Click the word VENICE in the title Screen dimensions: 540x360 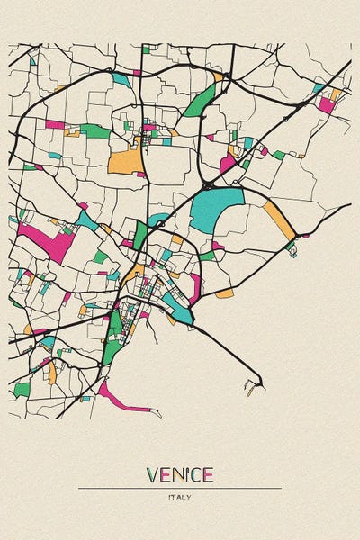pos(179,474)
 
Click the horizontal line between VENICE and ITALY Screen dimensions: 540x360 pos(179,488)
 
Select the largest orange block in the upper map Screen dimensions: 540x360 pos(126,161)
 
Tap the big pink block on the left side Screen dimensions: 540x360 pos(45,241)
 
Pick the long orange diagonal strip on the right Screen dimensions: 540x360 pos(279,220)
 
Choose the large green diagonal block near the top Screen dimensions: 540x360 pos(201,101)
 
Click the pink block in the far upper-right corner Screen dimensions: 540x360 pos(326,104)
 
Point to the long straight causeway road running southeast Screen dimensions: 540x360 pos(229,350)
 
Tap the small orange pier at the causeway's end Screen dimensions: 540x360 pos(250,389)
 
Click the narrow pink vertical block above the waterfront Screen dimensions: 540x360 pos(194,288)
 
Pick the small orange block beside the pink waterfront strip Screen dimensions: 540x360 pos(224,293)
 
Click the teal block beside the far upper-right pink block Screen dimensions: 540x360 pos(318,88)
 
